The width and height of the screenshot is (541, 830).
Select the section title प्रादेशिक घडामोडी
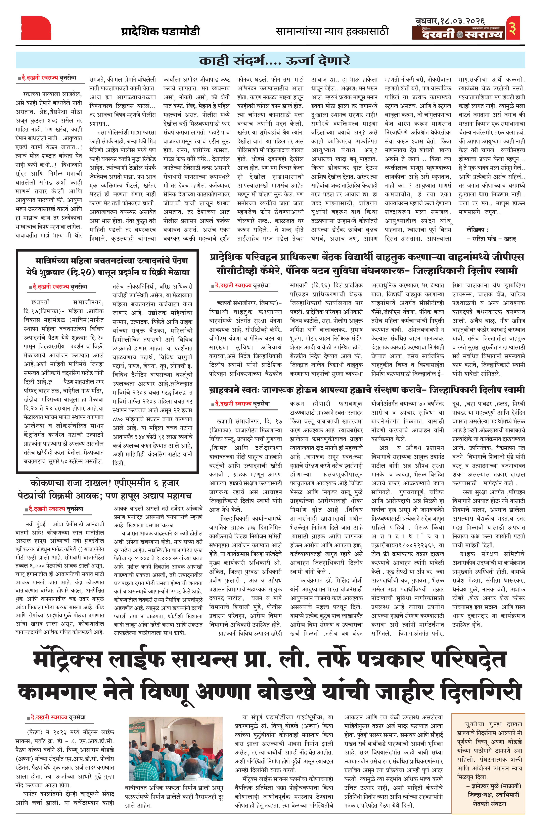(x=161, y=31)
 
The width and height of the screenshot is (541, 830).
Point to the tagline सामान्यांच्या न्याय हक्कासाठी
(x=332, y=31)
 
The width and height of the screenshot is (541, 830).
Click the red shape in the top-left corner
(x=36, y=28)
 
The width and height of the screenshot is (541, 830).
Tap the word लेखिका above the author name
(x=475, y=230)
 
